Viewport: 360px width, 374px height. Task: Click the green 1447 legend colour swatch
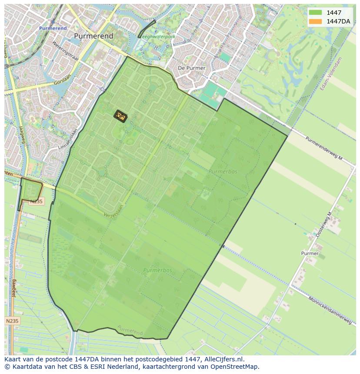point(315,13)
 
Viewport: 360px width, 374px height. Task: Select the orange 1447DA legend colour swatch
point(315,21)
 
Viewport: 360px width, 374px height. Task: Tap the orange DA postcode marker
point(120,116)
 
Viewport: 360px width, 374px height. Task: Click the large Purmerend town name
point(93,36)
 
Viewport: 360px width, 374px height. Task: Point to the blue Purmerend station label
point(53,28)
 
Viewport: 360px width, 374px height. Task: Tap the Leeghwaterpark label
point(157,37)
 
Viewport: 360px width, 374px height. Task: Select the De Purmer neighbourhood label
point(192,68)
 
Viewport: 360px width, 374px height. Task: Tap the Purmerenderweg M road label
point(324,149)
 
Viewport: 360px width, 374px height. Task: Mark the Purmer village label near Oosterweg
point(310,253)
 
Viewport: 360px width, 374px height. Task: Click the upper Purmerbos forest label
point(223,172)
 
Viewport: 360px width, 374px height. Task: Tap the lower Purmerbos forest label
point(157,270)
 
